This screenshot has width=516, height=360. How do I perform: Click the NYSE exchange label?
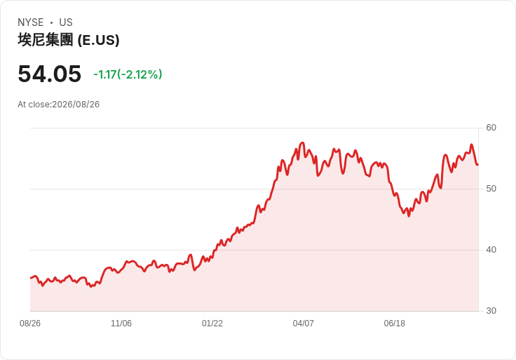coord(31,22)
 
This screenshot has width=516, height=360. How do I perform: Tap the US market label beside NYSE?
coord(66,22)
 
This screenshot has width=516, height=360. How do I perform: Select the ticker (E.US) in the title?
coord(98,40)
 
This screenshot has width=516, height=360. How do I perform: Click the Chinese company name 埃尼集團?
coord(46,40)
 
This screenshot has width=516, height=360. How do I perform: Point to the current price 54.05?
coord(49,74)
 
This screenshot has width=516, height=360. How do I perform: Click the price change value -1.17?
coord(105,74)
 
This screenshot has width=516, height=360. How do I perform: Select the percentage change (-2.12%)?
coord(140,74)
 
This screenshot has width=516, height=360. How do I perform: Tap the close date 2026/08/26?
coord(76,105)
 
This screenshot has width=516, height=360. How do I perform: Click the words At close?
coord(34,105)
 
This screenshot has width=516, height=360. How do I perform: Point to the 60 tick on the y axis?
coord(491,128)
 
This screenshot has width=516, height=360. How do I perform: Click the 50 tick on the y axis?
coord(491,189)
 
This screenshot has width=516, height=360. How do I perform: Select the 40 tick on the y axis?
coord(491,250)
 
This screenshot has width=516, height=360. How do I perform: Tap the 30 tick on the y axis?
coord(491,311)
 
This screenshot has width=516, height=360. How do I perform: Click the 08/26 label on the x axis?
coord(30,324)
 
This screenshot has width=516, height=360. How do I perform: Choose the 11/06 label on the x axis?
coord(121,324)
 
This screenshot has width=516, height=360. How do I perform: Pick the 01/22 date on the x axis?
coord(212,324)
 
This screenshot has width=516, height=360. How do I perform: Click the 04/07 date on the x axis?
coord(303,324)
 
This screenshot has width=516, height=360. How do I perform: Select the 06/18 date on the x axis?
coord(394,324)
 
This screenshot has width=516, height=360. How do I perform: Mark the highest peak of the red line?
coord(303,142)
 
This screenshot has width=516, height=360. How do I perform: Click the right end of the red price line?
coord(478,164)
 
